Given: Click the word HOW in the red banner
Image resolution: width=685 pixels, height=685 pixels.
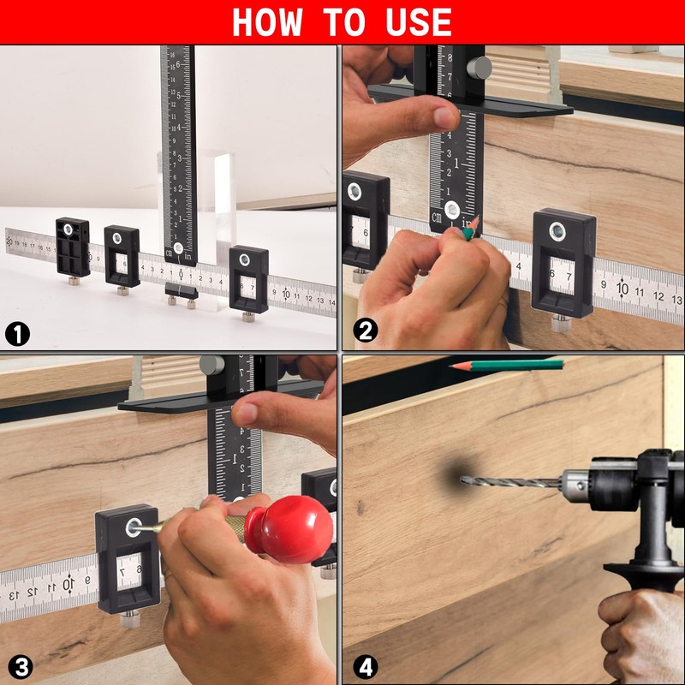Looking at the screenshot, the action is click(267, 22).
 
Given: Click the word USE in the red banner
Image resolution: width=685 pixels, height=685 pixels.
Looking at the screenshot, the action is click(418, 22).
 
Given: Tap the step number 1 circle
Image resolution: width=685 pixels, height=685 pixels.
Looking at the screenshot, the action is click(17, 335).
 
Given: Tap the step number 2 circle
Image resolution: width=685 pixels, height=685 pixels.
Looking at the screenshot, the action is click(365, 331).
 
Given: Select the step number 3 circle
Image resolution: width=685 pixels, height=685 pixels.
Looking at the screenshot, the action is click(20, 668).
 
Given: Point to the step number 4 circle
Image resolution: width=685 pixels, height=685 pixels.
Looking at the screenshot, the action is click(366, 668).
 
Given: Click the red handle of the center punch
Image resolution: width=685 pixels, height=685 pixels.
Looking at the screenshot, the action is click(289, 528).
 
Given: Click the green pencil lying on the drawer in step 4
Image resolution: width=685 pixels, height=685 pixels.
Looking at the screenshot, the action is click(507, 366).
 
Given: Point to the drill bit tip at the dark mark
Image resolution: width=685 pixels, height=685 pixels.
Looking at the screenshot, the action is click(462, 480).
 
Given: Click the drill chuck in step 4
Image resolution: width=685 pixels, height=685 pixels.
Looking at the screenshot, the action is click(576, 485).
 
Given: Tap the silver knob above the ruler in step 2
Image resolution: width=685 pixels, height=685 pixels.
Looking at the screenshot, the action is click(479, 68).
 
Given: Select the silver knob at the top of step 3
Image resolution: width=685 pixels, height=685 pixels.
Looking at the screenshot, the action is click(211, 365).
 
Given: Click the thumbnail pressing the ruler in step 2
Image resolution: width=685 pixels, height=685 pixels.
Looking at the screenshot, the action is click(445, 118).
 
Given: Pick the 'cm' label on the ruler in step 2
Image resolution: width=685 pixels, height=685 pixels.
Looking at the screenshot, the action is click(437, 217).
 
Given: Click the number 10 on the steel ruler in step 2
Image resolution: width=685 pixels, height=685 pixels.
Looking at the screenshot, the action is click(622, 289).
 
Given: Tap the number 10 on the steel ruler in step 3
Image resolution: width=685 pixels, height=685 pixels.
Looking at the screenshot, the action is click(68, 584).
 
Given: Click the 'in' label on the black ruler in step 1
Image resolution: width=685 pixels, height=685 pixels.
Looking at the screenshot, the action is click(188, 256).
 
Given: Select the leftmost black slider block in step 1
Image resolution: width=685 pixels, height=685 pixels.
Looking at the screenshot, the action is click(73, 247).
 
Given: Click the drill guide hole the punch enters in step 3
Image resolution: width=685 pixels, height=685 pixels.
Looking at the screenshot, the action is click(134, 527).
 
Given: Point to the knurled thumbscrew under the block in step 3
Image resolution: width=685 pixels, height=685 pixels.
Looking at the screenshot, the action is click(130, 620).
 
